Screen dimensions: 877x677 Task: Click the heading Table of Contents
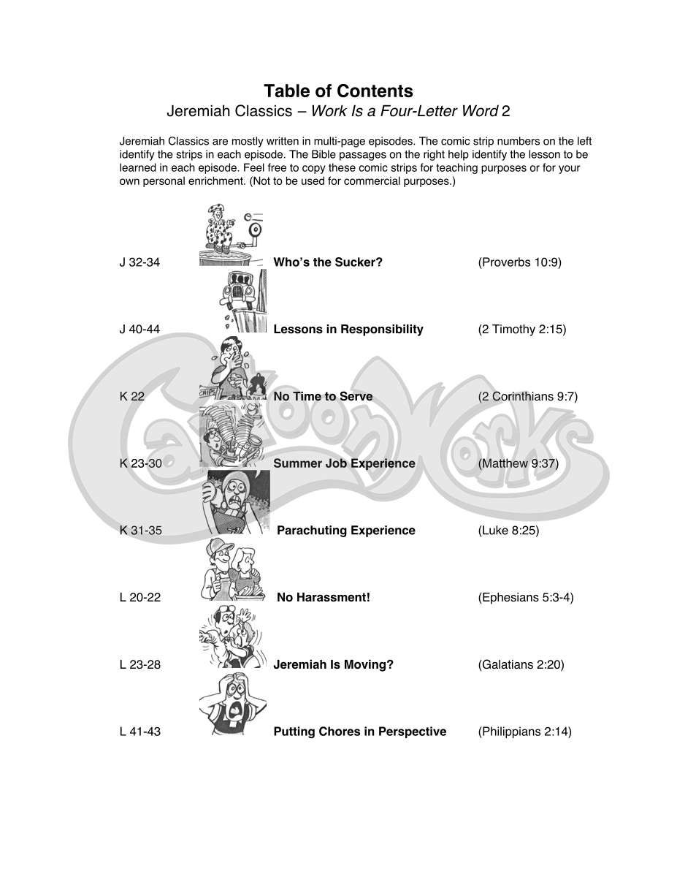coord(338,91)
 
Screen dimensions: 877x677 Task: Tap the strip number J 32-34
coord(139,262)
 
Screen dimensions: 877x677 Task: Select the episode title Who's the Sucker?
coord(327,262)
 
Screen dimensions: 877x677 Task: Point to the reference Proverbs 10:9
coord(519,262)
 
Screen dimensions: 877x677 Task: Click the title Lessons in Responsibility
coord(348,330)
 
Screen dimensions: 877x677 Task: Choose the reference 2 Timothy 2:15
coord(521,330)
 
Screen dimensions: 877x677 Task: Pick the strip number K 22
coord(132,397)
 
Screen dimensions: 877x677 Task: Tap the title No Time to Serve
coord(322,397)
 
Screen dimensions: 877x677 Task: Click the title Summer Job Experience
coord(344,463)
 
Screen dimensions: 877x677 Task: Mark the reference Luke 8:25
coord(508,531)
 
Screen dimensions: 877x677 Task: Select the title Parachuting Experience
coord(345,531)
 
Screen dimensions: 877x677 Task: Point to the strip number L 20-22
coord(140,598)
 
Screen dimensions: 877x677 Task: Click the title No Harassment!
coord(323,598)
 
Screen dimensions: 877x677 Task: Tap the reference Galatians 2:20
coord(521,665)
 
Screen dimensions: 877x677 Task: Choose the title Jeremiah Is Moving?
coord(333,665)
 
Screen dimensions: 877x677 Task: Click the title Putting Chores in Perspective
coord(359,732)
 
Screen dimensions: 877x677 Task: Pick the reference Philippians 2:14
coord(524,732)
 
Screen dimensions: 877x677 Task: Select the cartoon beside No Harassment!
coord(232,571)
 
